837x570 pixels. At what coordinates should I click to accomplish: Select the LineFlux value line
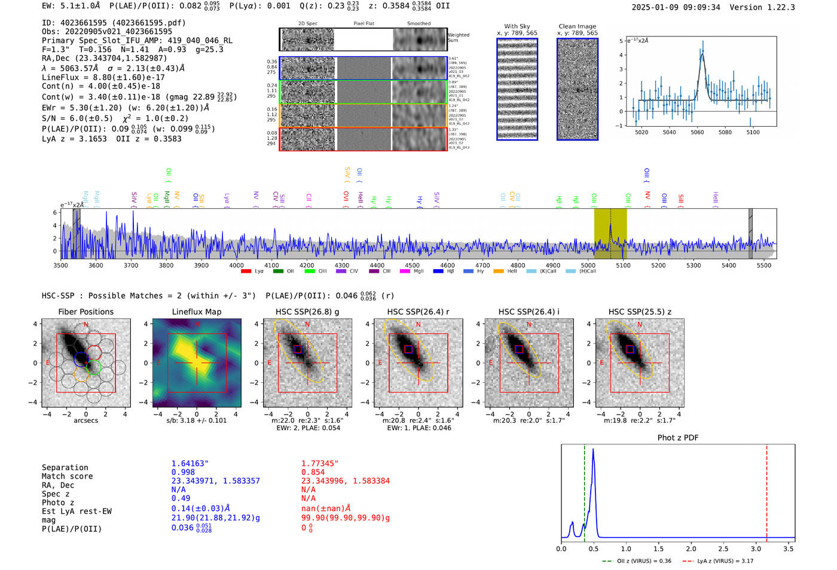[x=103, y=77]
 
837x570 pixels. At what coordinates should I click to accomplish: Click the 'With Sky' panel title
[x=517, y=26]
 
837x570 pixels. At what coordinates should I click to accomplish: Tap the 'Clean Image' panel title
[x=577, y=26]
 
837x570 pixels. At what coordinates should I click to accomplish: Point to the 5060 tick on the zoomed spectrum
[x=697, y=132]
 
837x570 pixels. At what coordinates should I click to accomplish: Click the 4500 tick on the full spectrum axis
[x=412, y=265]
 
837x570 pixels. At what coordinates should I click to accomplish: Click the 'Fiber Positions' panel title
[x=85, y=312]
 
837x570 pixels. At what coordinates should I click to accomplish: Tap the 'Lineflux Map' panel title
[x=196, y=312]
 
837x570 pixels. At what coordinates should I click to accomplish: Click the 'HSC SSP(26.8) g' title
[x=307, y=312]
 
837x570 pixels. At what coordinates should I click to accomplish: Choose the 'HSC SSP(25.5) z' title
[x=640, y=312]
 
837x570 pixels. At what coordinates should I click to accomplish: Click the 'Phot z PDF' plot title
[x=677, y=438]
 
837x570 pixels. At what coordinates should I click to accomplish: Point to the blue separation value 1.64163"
[x=190, y=464]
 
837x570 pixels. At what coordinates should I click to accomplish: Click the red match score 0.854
[x=313, y=472]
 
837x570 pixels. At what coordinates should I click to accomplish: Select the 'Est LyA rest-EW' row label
[x=77, y=511]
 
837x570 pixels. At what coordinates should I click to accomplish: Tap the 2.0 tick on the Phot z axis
[x=691, y=548]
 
